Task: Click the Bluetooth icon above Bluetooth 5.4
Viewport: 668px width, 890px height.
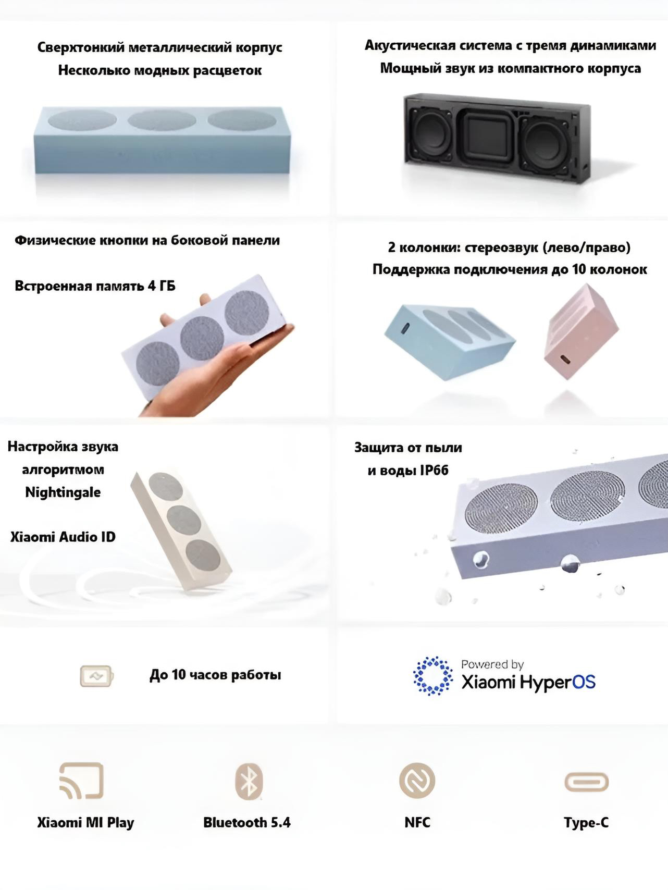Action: (x=249, y=781)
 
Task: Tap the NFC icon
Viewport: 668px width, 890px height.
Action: (x=417, y=781)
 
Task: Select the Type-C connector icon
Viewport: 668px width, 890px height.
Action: (x=587, y=782)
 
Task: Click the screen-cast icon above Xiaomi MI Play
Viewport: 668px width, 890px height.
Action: (x=81, y=781)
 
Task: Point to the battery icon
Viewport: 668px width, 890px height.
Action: (x=96, y=676)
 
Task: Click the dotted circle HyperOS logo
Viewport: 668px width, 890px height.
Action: (x=433, y=676)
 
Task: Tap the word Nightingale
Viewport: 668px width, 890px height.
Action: (x=63, y=492)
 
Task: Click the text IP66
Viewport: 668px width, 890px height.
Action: (x=434, y=471)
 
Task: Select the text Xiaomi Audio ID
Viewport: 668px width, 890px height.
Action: (x=63, y=537)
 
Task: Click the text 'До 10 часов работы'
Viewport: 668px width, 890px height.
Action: (x=215, y=675)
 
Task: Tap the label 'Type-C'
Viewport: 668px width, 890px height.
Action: (x=586, y=823)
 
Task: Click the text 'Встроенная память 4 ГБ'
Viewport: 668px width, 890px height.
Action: (x=95, y=286)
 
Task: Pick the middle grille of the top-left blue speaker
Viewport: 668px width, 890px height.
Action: (x=162, y=120)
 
